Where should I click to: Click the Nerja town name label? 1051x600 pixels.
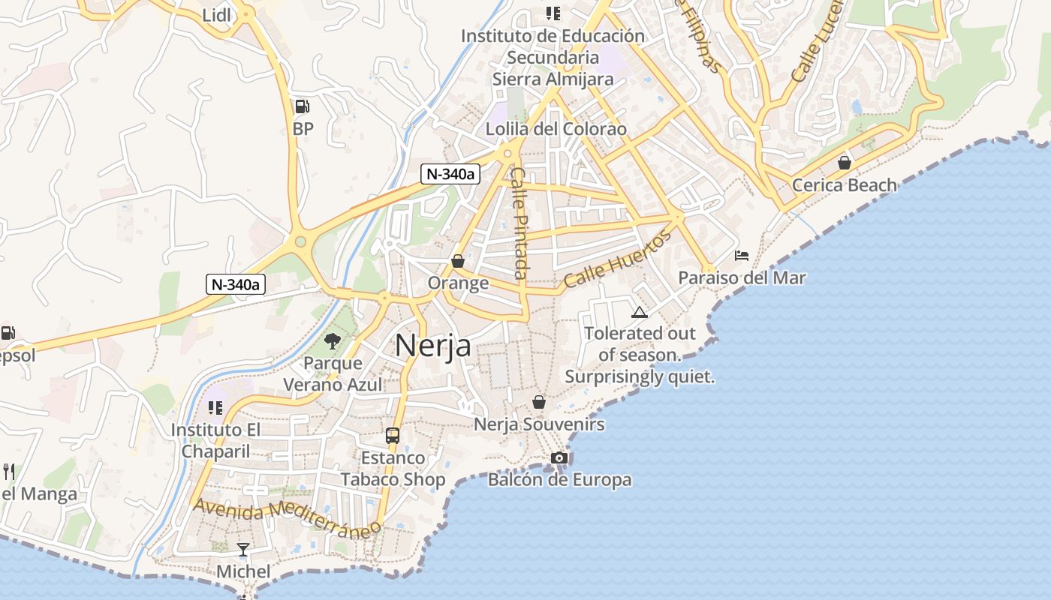coord(433,346)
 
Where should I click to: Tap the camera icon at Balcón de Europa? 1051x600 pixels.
coord(559,457)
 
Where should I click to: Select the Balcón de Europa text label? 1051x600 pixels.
coord(559,480)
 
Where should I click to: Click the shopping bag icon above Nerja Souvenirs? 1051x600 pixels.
coord(538,402)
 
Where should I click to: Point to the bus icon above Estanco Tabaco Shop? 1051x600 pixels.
coord(392,435)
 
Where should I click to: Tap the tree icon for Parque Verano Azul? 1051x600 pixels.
coord(331,341)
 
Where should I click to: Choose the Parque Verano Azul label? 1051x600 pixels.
coord(333,374)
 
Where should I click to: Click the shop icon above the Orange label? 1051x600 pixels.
coord(458,261)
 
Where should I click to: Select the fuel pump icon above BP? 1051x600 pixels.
coord(302,106)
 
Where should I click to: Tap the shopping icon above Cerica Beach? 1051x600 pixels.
coord(845,162)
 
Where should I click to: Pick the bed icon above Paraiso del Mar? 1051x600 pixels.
coord(742,255)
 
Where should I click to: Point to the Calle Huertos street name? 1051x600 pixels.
coord(617,260)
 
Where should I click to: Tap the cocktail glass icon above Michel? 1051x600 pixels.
coord(243,550)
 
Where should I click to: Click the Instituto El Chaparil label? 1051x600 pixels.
coord(215,441)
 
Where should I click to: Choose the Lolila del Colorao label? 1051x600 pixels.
coord(556,129)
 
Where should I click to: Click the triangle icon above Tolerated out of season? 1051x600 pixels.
coord(640,312)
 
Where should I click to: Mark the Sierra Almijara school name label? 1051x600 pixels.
coord(553,79)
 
